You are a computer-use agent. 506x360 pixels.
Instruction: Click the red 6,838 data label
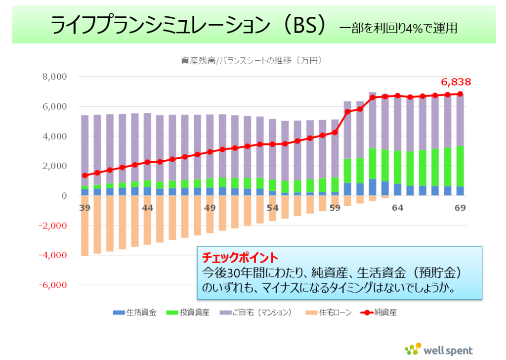(456, 82)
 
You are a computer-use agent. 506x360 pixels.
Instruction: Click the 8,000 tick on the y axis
(54, 77)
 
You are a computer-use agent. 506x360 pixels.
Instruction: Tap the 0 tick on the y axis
(64, 196)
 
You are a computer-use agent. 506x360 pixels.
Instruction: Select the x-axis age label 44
(147, 208)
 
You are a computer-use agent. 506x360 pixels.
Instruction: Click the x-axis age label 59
(335, 208)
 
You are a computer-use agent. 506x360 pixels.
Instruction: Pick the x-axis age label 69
(460, 208)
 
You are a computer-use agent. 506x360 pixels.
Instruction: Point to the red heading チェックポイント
(240, 258)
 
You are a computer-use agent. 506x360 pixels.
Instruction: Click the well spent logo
(439, 349)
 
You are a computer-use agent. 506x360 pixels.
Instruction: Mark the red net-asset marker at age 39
(84, 176)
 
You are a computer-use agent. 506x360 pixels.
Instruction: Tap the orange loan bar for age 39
(84, 225)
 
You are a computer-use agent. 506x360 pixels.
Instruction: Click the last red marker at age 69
(460, 94)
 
